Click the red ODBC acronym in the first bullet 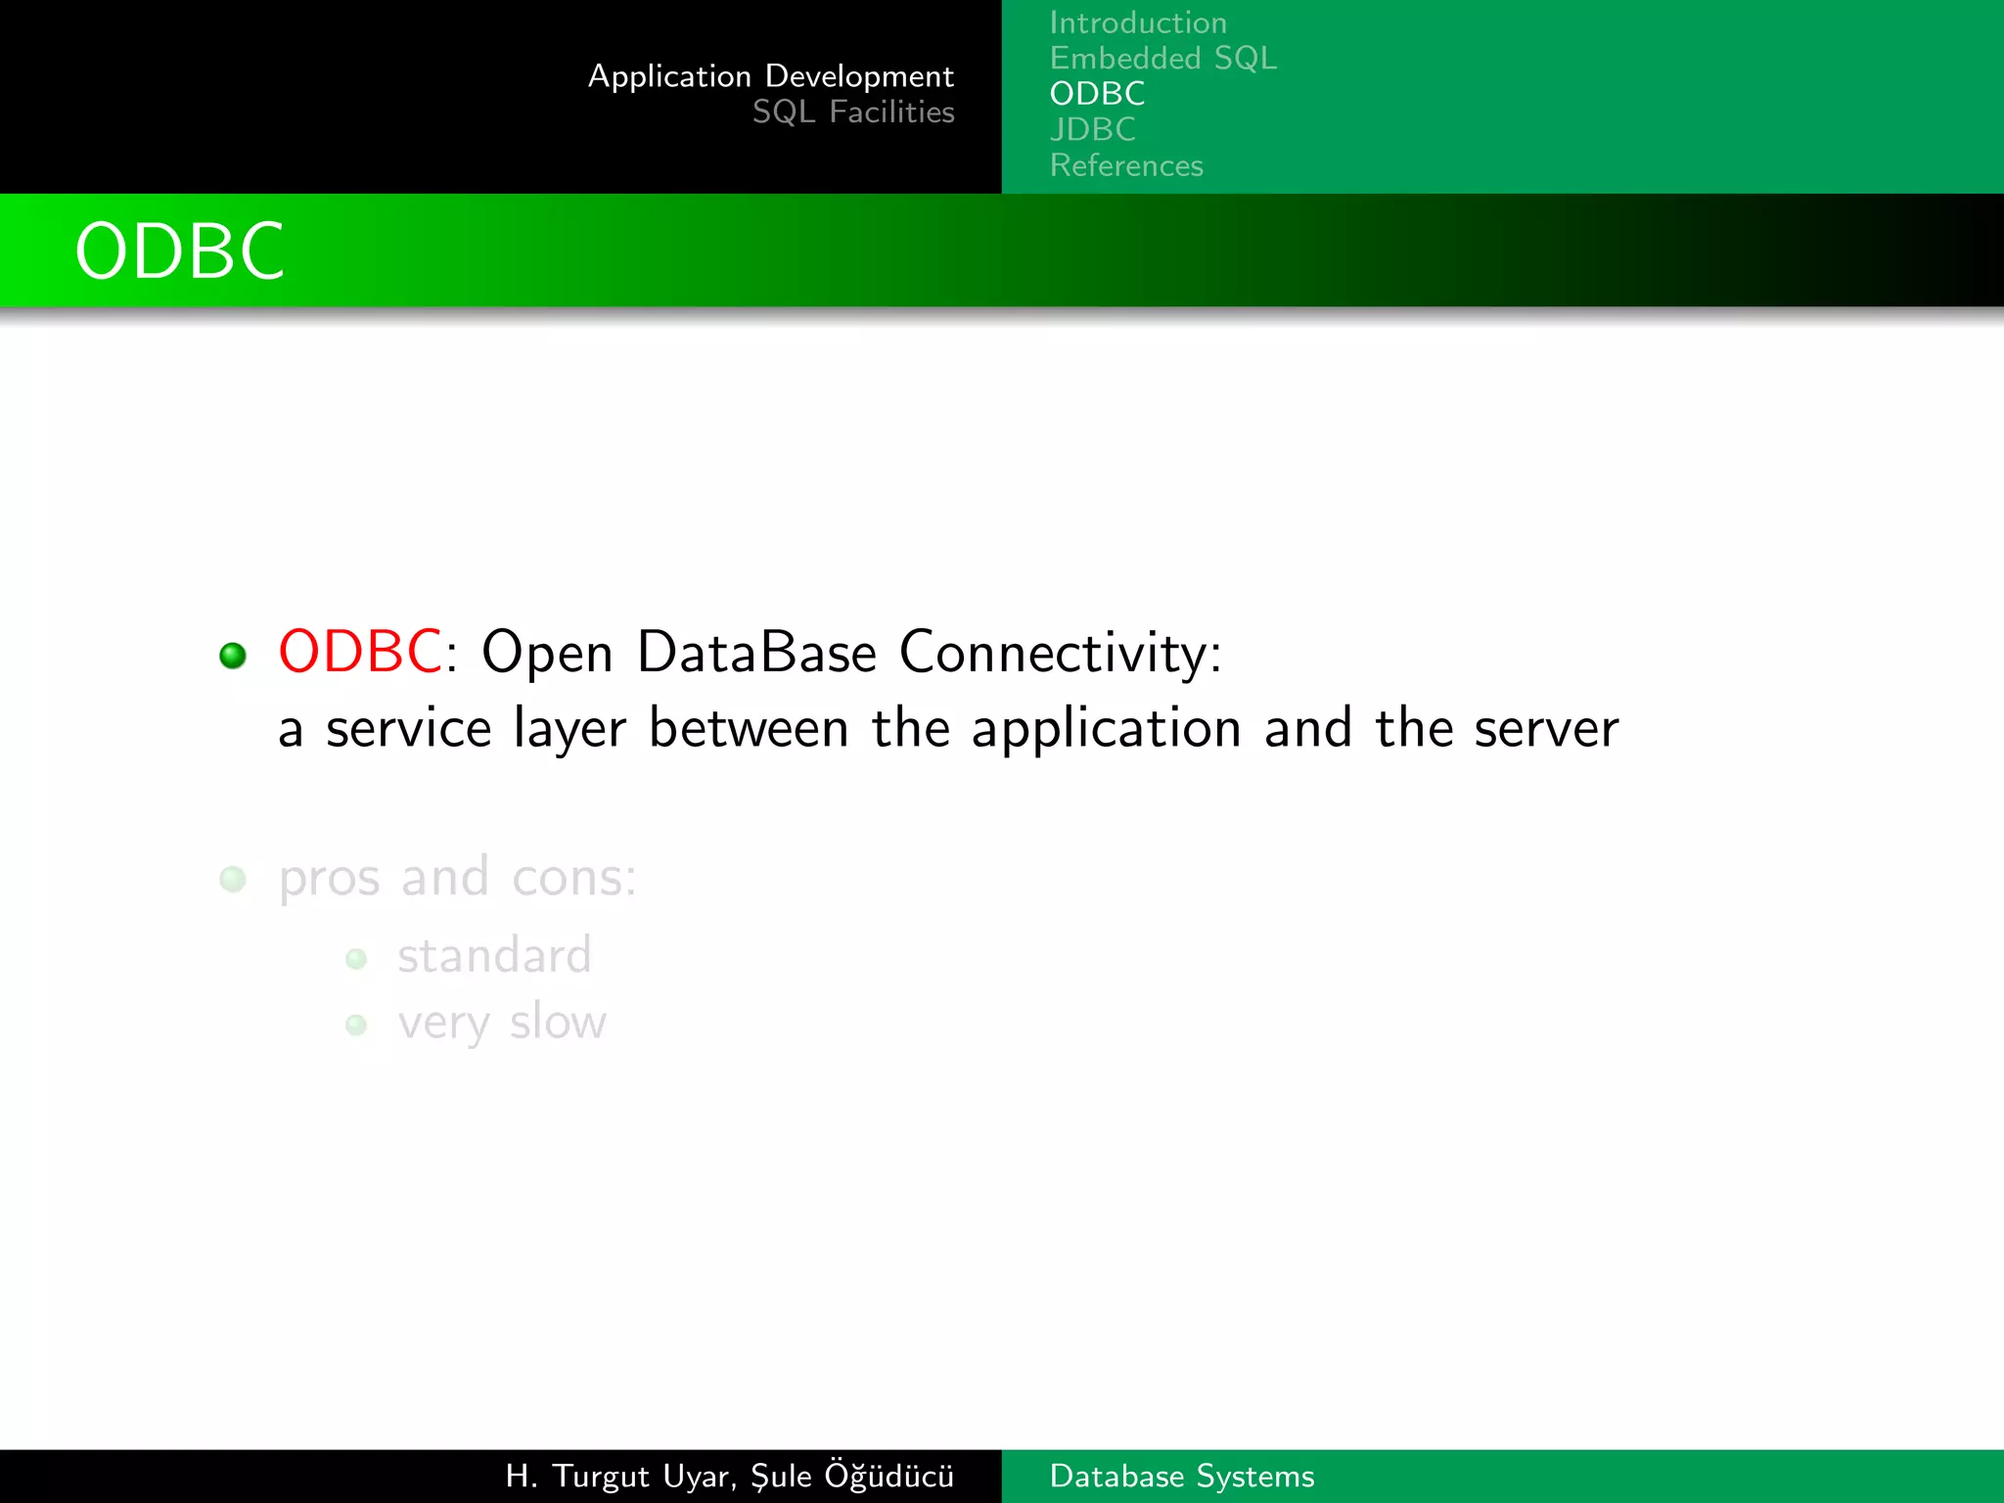(359, 652)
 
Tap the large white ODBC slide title (180, 251)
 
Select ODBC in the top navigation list (1097, 94)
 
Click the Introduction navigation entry (1138, 23)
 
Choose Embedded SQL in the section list (1162, 59)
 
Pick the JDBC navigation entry (1092, 129)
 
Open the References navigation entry (1126, 165)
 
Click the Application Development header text (770, 76)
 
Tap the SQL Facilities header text (852, 113)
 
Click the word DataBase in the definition (756, 652)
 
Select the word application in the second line (1106, 730)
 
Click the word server (1546, 730)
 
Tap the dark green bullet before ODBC (233, 656)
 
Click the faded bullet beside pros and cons (233, 879)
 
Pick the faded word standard (494, 955)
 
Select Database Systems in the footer (1181, 1476)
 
